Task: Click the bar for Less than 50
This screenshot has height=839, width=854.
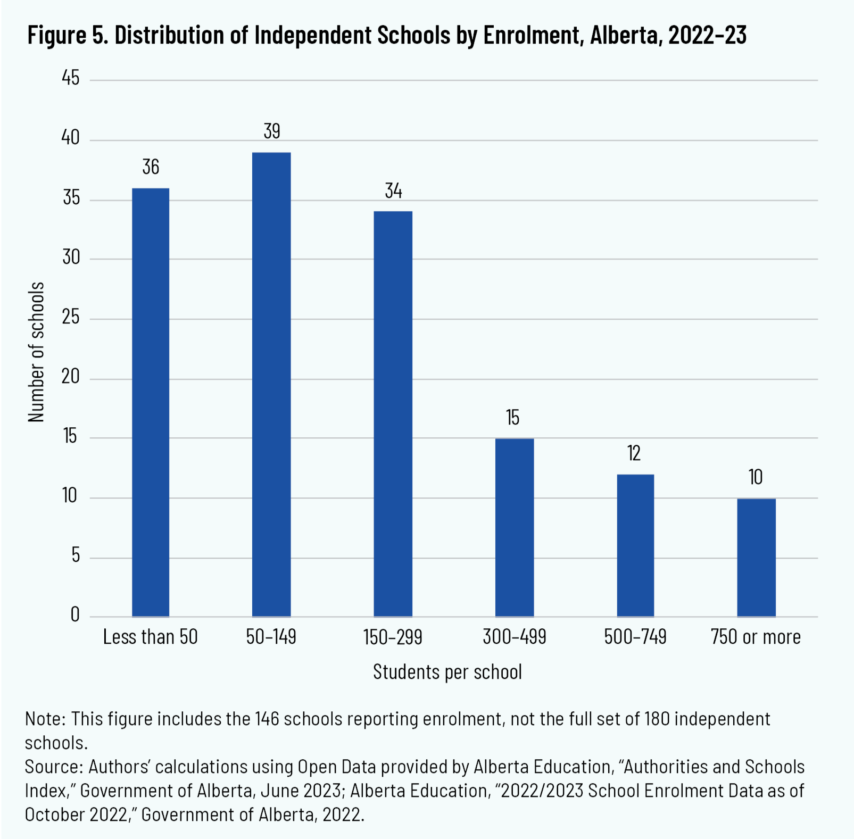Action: tap(151, 402)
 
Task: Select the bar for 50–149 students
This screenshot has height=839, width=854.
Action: tap(271, 384)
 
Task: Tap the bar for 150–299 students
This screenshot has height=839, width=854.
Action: tap(393, 413)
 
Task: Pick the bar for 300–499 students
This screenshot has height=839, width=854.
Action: tap(514, 527)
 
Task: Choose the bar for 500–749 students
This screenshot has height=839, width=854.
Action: tap(635, 545)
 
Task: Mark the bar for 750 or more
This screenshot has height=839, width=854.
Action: tap(756, 557)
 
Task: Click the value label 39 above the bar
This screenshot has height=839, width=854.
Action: tap(272, 131)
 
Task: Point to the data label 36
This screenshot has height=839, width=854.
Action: tap(151, 167)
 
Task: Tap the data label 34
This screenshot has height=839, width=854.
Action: tap(393, 190)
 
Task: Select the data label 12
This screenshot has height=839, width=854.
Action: tap(634, 453)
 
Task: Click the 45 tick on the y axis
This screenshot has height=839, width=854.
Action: tap(71, 78)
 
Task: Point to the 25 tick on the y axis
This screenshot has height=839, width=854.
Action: tap(71, 317)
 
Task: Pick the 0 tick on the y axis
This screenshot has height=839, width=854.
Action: tap(75, 614)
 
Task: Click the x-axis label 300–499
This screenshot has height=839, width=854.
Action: tap(514, 637)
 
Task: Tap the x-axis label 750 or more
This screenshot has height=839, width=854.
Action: tap(756, 637)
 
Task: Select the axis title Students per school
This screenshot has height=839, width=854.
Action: tap(447, 672)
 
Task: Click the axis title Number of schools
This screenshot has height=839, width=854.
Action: tap(36, 352)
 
